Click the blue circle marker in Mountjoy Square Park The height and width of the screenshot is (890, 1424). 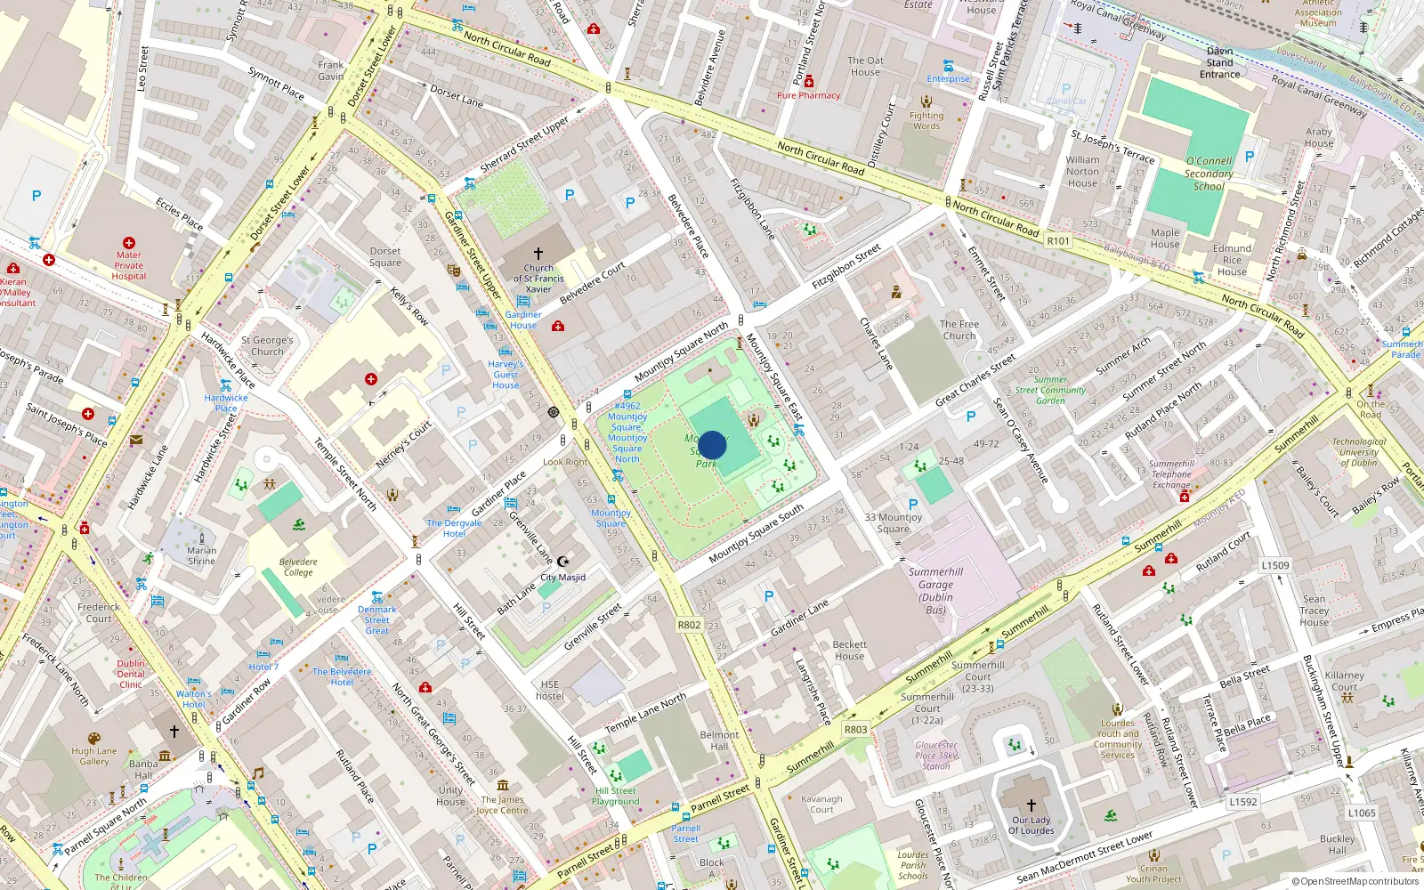pos(712,445)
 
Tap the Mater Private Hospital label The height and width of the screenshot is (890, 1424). pos(129,265)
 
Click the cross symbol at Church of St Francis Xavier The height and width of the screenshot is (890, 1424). pos(538,254)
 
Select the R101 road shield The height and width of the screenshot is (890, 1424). pos(1058,241)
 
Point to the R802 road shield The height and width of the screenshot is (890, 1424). pos(689,625)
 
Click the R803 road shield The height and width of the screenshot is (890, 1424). pos(855,729)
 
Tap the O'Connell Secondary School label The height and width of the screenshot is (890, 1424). pos(1209,174)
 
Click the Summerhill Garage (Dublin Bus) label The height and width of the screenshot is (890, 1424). pos(935,591)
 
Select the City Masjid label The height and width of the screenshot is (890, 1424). pos(563,578)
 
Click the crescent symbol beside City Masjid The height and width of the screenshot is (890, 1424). pos(562,562)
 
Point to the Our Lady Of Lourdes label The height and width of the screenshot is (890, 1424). pos(1031,825)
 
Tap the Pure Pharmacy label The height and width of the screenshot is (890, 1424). pos(808,95)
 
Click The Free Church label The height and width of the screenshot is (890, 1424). pos(959,330)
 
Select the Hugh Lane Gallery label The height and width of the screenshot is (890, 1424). pos(94,756)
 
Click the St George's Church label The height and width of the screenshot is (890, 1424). pos(267,345)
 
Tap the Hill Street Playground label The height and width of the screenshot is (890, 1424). pos(616,796)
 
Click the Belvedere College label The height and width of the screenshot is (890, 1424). pos(298,567)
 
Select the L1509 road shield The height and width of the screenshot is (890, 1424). pos(1274,565)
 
